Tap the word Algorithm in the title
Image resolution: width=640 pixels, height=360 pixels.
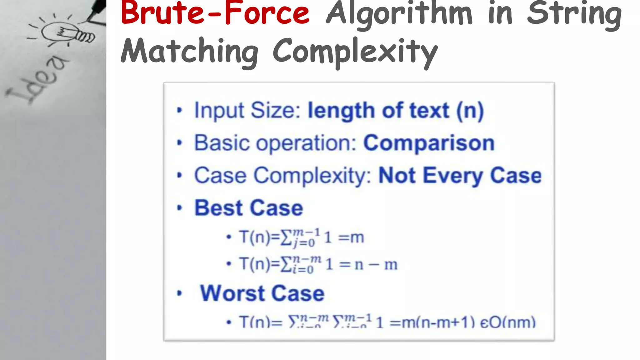399,14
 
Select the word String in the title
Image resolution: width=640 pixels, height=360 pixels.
574,14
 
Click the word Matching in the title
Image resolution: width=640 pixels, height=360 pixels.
190,52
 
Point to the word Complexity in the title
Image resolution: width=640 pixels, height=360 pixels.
355,52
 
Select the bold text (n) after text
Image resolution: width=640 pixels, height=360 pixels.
470,111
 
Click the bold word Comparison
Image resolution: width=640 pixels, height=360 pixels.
429,143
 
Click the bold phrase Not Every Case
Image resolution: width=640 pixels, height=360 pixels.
460,176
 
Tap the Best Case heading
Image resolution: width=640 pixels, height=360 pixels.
249,208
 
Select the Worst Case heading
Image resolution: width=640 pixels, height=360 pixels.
262,293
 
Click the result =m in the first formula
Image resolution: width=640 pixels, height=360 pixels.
351,237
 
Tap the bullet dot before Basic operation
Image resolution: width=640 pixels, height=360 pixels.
179,143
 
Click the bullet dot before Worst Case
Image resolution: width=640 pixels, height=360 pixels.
179,293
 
